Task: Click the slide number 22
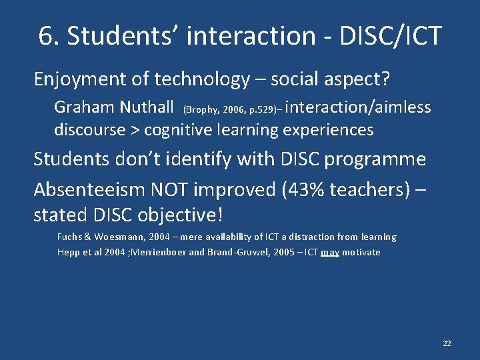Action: click(x=447, y=343)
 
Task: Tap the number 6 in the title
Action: click(x=46, y=36)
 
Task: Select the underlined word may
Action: click(x=329, y=253)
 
